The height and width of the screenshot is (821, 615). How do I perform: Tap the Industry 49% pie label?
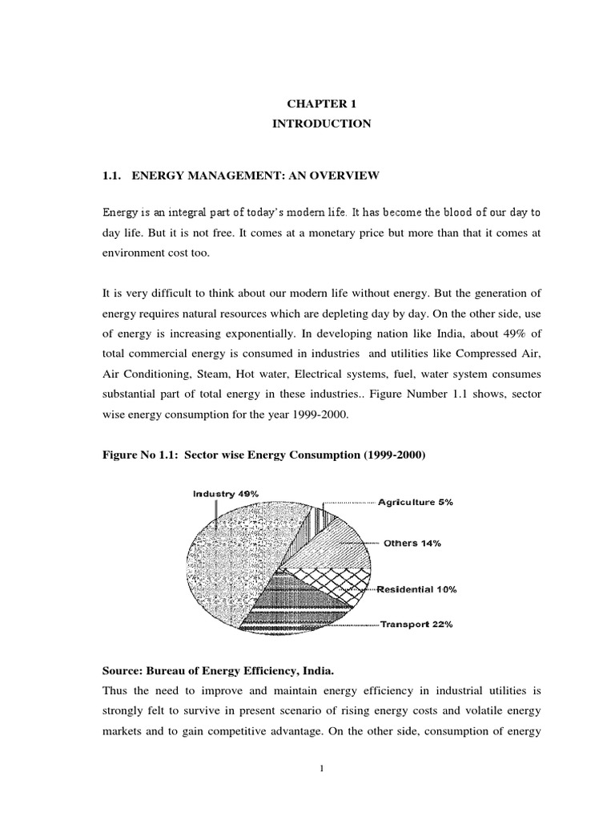(225, 495)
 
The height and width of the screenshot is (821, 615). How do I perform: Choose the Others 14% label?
(412, 543)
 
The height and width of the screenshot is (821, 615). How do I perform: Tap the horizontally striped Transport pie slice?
(296, 613)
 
